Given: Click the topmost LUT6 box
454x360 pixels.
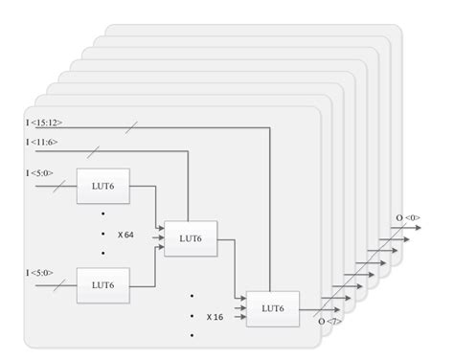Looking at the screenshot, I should click(103, 185).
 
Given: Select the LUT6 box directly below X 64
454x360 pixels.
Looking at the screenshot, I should click(103, 284).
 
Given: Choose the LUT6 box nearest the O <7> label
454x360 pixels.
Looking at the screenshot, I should click(272, 307).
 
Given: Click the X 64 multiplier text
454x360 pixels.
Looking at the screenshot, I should click(125, 235).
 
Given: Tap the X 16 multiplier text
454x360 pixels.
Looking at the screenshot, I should click(214, 314).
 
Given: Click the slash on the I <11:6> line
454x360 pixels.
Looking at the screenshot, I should click(92, 151).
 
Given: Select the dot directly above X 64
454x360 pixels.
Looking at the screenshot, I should click(103, 214).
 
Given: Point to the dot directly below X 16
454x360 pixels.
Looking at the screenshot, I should click(192, 335).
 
